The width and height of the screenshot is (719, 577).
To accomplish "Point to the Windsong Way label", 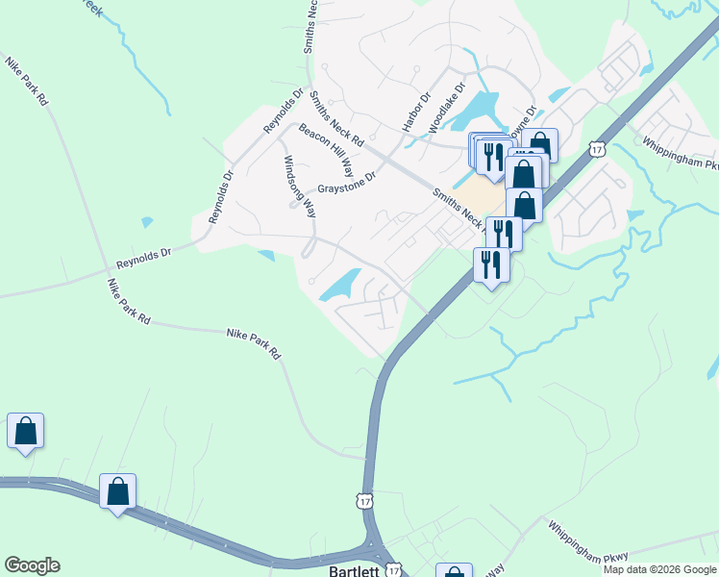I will pyautogui.click(x=298, y=185).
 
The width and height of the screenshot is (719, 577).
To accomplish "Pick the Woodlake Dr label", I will pyautogui.click(x=447, y=107).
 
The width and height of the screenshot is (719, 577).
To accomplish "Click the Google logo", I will pyautogui.click(x=32, y=565).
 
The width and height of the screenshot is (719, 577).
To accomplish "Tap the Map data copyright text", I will pyautogui.click(x=658, y=569).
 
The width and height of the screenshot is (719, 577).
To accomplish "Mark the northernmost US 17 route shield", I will pyautogui.click(x=598, y=150).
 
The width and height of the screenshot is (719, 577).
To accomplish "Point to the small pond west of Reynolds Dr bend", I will pyautogui.click(x=146, y=222).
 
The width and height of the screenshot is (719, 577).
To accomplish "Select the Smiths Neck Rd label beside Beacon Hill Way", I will pyautogui.click(x=335, y=118).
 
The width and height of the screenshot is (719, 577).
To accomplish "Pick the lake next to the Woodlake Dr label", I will pyautogui.click(x=481, y=109).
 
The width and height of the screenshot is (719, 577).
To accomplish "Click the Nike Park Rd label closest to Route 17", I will pyautogui.click(x=254, y=344).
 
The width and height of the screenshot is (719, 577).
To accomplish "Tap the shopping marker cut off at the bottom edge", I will pyautogui.click(x=454, y=571).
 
